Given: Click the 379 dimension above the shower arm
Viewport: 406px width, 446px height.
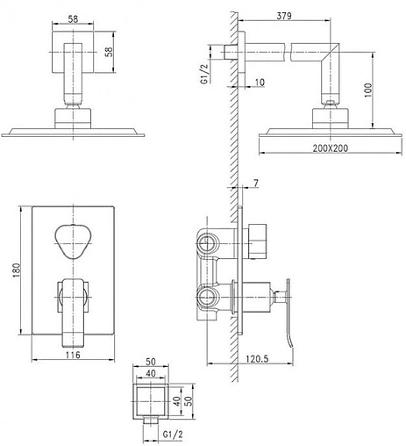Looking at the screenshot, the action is tap(284, 15).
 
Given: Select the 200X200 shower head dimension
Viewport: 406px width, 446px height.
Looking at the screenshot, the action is tap(331, 148).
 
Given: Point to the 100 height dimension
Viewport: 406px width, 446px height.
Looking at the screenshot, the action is tap(368, 90).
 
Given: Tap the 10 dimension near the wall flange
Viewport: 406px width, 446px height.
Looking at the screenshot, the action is tap(260, 83).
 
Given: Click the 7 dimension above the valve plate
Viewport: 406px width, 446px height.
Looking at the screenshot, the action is tap(256, 183).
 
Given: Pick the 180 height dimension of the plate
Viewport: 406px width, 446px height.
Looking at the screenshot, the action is tap(17, 270).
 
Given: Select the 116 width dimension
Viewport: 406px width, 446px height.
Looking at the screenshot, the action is tap(73, 355).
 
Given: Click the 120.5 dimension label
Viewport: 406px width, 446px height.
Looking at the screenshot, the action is tap(257, 359).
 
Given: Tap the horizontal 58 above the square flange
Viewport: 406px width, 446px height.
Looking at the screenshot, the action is tap(73, 19).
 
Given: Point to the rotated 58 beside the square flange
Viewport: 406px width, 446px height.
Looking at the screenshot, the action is tap(109, 52).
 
